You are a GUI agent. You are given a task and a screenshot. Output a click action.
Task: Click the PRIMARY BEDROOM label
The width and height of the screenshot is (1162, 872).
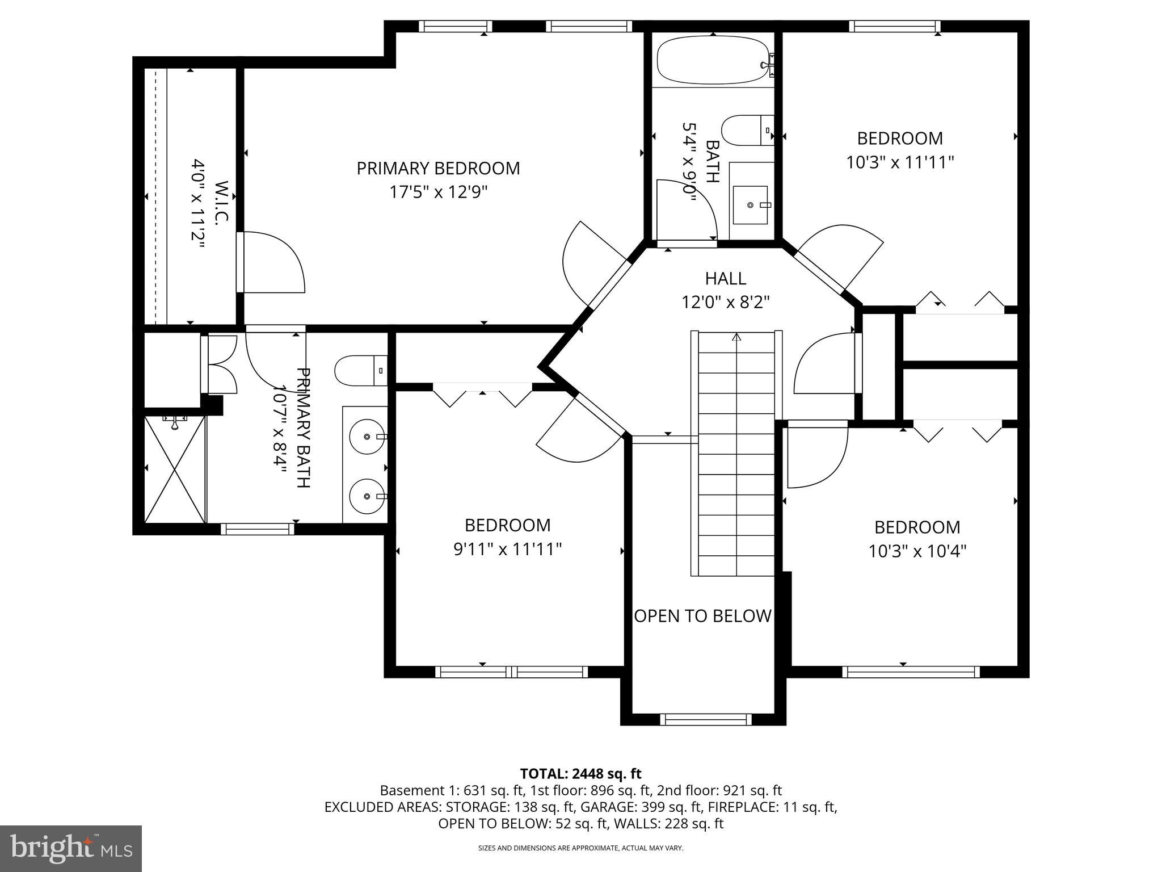(437, 169)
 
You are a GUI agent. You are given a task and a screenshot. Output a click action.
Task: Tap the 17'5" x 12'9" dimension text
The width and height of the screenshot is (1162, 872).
(437, 192)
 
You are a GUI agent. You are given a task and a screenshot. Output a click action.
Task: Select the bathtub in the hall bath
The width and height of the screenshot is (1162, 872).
(713, 60)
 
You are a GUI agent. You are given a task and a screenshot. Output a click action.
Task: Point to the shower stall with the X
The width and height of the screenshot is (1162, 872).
(175, 469)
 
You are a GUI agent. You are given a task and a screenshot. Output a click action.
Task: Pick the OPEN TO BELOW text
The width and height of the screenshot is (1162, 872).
(702, 616)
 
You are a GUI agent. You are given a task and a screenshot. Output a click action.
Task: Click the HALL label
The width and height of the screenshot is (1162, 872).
(725, 278)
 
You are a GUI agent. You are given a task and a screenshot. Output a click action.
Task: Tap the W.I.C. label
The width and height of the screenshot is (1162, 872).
(221, 203)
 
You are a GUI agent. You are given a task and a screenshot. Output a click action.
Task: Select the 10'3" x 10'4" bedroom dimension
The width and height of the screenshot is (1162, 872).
(917, 551)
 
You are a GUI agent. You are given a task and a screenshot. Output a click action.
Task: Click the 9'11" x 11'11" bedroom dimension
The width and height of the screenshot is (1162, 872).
(507, 550)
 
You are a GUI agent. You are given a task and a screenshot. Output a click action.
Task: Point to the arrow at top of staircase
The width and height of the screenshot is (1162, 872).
(736, 337)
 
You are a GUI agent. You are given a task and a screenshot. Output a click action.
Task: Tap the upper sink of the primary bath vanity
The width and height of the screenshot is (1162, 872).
(367, 437)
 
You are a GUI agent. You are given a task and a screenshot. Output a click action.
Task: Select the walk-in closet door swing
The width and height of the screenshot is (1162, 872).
(272, 262)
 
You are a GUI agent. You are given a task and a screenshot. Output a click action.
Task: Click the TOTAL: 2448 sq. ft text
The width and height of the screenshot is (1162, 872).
(580, 774)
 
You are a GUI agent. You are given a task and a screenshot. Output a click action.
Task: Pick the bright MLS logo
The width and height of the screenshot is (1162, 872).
(71, 848)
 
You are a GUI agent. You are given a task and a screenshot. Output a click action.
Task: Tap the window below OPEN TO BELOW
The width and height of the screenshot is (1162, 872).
(705, 719)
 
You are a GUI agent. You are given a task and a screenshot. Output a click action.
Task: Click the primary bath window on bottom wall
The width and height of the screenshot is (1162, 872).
(258, 529)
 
